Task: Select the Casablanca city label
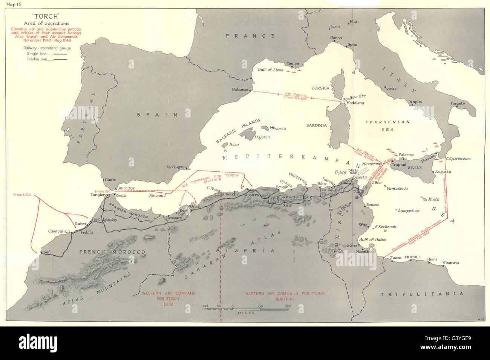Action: point(59,231)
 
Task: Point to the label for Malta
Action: point(434,199)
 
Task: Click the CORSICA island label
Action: point(320,88)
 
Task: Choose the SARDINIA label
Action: point(317,125)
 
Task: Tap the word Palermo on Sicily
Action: point(406,155)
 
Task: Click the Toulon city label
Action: point(293,64)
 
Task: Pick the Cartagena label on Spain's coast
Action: point(176,166)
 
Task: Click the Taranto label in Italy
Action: point(457,103)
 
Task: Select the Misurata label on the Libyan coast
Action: point(451,262)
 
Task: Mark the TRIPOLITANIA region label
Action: point(421,294)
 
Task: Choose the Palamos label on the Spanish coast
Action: point(241,90)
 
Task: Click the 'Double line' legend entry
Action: point(40,59)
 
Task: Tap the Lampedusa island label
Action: point(409,211)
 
